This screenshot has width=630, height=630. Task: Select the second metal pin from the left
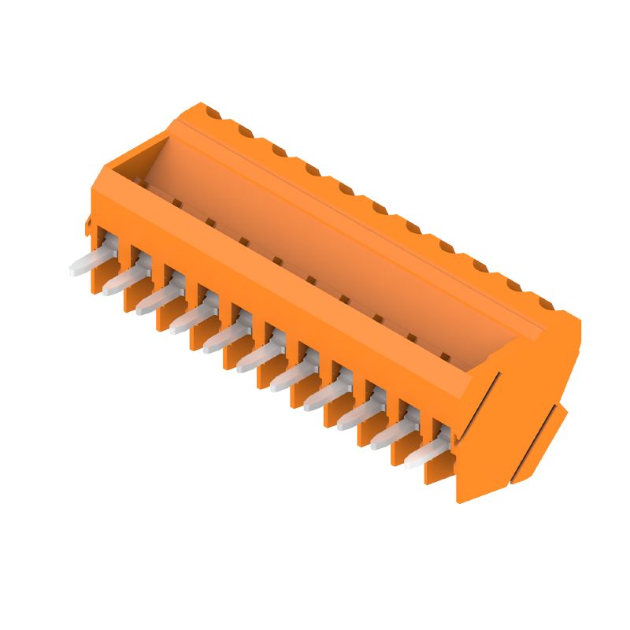point(120,283)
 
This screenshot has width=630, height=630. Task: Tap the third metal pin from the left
point(154,302)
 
